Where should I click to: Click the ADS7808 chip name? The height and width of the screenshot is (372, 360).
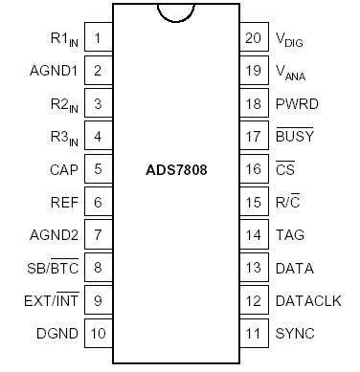pyautogui.click(x=179, y=168)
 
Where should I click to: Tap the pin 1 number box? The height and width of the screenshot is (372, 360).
pyautogui.click(x=98, y=39)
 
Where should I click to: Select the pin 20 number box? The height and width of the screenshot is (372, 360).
pyautogui.click(x=253, y=39)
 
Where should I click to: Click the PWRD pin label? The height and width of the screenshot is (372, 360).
pyautogui.click(x=296, y=104)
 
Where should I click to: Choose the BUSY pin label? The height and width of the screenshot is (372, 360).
pyautogui.click(x=294, y=136)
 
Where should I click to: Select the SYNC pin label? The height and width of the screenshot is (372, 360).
pyautogui.click(x=295, y=334)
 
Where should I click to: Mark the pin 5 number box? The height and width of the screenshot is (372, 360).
pyautogui.click(x=98, y=169)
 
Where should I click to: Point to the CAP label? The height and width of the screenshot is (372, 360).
pyautogui.click(x=64, y=169)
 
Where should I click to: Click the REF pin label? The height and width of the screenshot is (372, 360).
pyautogui.click(x=65, y=203)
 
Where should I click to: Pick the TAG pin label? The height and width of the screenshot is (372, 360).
pyautogui.click(x=290, y=235)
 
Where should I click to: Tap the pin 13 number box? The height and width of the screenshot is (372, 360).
pyautogui.click(x=253, y=268)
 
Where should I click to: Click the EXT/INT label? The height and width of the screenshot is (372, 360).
pyautogui.click(x=52, y=300)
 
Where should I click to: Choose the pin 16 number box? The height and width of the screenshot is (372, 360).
pyautogui.click(x=253, y=169)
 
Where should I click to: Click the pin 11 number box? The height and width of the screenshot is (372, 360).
pyautogui.click(x=253, y=334)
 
